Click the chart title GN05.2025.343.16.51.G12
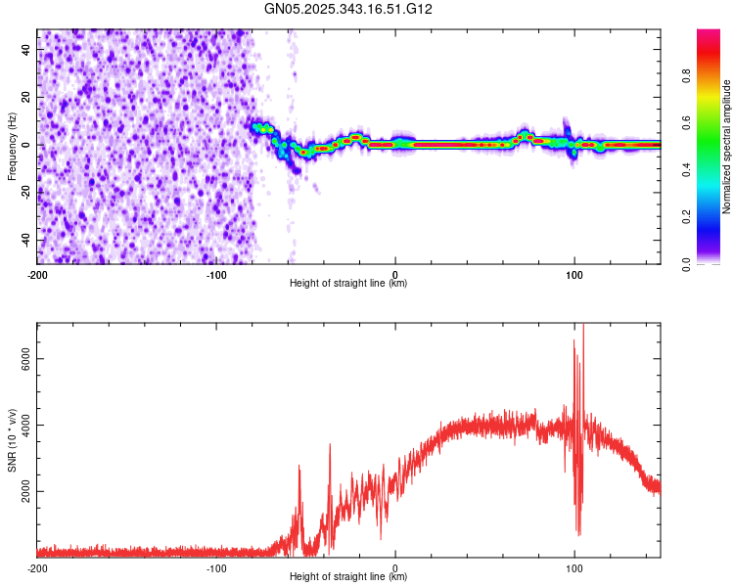(349, 9)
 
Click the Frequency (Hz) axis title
(12, 147)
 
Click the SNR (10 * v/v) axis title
(12, 439)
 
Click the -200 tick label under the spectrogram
(37, 274)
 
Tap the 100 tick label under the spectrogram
(574, 274)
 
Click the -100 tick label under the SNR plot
(216, 567)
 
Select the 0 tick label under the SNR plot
(395, 567)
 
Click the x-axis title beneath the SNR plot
(348, 577)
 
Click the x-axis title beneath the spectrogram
(348, 284)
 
